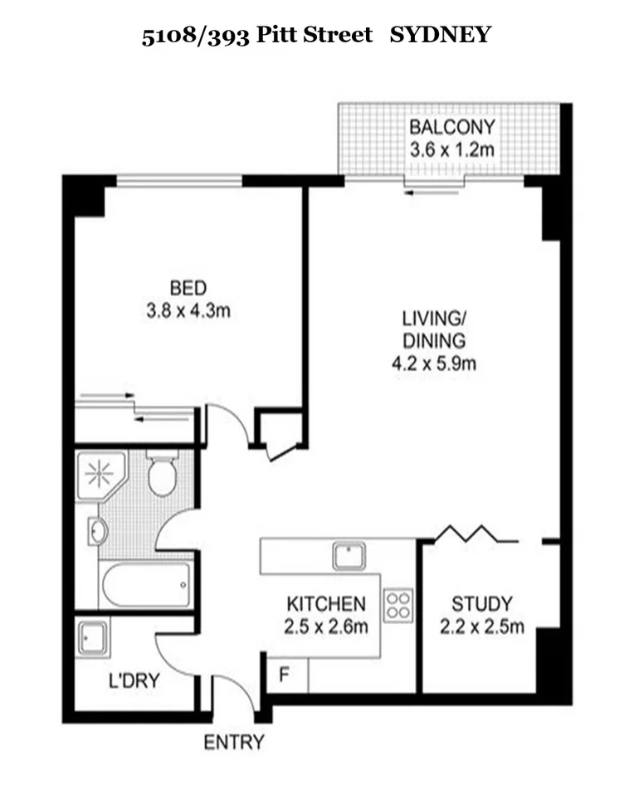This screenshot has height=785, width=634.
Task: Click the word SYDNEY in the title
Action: (x=441, y=36)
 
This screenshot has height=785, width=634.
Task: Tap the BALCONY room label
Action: (x=452, y=128)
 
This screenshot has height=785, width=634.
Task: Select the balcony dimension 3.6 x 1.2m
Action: (x=452, y=150)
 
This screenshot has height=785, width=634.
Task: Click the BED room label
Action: (x=188, y=289)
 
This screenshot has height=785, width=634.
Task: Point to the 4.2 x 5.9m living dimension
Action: (x=434, y=363)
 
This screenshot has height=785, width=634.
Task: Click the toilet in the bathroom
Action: (x=162, y=473)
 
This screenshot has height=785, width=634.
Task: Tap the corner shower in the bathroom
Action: (x=100, y=475)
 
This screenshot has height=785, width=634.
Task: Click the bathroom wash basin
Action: (x=97, y=531)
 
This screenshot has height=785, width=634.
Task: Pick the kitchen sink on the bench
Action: (x=349, y=555)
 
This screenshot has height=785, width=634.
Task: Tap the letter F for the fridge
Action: (x=283, y=675)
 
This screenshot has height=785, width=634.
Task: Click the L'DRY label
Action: (x=134, y=681)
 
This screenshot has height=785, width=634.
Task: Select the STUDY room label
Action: (x=481, y=603)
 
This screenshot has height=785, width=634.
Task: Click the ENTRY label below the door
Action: (x=235, y=742)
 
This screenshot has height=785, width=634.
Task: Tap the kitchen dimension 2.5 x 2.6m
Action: (x=326, y=627)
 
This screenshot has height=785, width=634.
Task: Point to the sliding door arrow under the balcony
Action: (x=432, y=192)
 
